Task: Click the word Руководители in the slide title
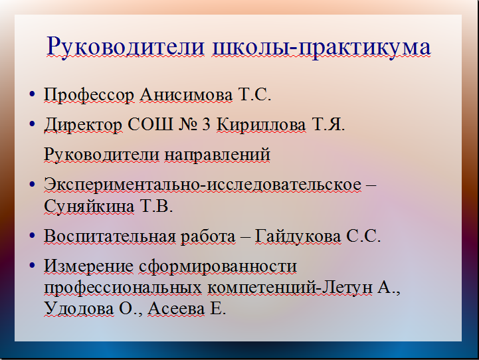[126, 46]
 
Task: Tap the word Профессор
[89, 95]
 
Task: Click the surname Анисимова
[186, 95]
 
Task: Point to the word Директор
[83, 125]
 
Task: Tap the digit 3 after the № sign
[207, 125]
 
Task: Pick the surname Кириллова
[261, 125]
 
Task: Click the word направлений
[217, 155]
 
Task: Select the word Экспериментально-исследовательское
[203, 185]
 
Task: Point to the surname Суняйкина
[89, 207]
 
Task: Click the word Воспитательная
[110, 236]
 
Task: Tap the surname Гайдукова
[298, 236]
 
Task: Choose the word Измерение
[88, 266]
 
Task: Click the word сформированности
[218, 266]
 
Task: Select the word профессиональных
[123, 288]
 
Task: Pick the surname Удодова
[79, 309]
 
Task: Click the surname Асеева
[176, 309]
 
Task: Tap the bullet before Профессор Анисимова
[32, 94]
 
